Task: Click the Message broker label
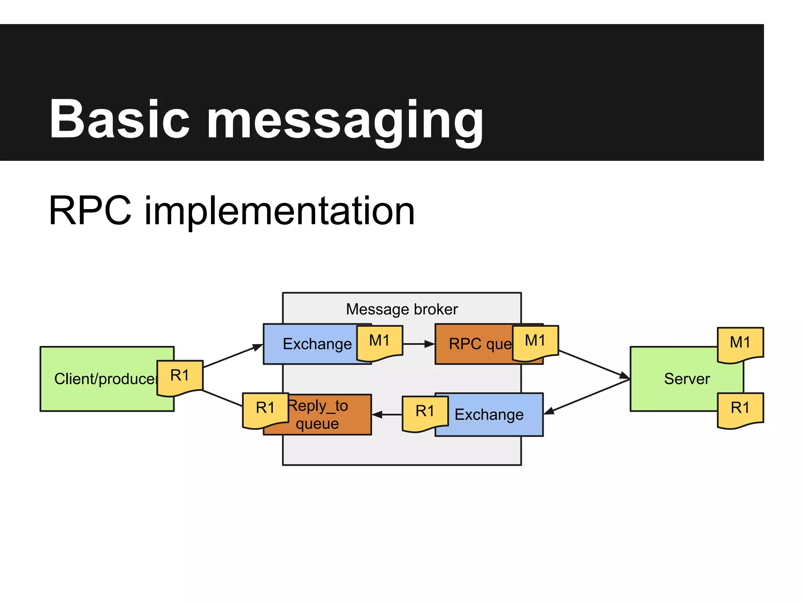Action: pos(402,309)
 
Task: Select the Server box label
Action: pos(687,379)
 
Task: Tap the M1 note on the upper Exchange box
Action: pos(379,342)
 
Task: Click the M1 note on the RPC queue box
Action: pos(535,342)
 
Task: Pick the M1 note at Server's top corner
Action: pos(740,344)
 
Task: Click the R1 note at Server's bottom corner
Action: pos(740,409)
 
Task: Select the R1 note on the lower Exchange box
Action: pos(425,412)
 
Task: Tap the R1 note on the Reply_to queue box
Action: pos(265,409)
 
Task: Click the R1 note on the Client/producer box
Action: pos(180,377)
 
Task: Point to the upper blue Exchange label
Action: pos(317,344)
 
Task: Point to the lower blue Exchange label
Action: pos(489,415)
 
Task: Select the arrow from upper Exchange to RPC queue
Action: pos(418,344)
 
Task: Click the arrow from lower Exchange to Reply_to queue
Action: pos(387,414)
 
